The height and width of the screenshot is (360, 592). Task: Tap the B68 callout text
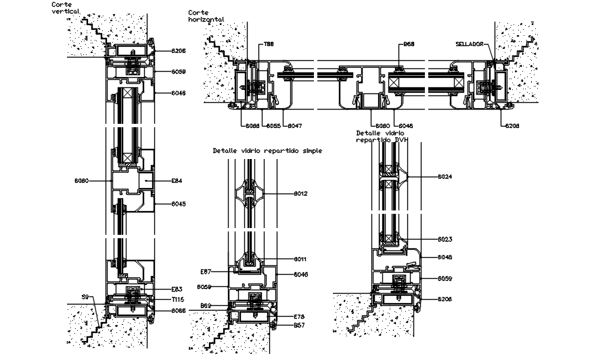pyautogui.click(x=409, y=44)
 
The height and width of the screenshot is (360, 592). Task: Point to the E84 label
pyautogui.click(x=177, y=181)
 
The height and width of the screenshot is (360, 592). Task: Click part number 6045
pyautogui.click(x=179, y=204)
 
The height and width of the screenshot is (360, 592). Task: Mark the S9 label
pyautogui.click(x=85, y=296)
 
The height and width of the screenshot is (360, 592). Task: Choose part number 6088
pyautogui.click(x=252, y=126)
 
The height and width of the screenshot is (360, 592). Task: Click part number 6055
pyautogui.click(x=273, y=126)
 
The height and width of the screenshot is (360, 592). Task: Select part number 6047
pyautogui.click(x=294, y=126)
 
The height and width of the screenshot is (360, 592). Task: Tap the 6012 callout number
pyautogui.click(x=301, y=194)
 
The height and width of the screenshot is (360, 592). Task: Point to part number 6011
pyautogui.click(x=301, y=259)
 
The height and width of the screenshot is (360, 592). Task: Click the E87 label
pyautogui.click(x=206, y=271)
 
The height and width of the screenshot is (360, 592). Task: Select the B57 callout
pyautogui.click(x=300, y=325)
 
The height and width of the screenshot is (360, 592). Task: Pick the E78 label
pyautogui.click(x=300, y=316)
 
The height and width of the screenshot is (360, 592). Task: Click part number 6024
pyautogui.click(x=445, y=177)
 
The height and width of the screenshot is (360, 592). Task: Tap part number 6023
pyautogui.click(x=445, y=239)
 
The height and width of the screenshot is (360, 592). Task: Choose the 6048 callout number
pyautogui.click(x=445, y=257)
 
